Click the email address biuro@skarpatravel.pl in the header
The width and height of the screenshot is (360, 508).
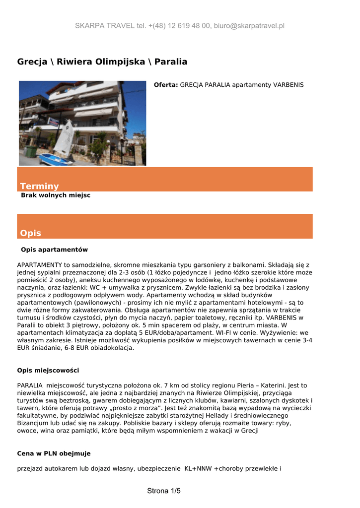coord(249,26)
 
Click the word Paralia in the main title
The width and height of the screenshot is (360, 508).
coord(171,62)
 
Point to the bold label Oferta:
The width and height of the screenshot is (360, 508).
coord(166,85)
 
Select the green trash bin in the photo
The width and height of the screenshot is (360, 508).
coord(31,151)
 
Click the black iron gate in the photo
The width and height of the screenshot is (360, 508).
coord(122,154)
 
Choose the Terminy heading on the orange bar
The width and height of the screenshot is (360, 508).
coord(39,186)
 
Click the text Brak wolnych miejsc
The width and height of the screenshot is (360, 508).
coord(56,195)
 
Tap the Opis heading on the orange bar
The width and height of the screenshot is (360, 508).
coord(30,233)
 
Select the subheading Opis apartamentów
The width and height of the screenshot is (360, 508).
coord(54,249)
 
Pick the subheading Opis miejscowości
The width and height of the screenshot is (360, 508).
coord(48,370)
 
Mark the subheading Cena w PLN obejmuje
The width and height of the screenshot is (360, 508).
coord(54,453)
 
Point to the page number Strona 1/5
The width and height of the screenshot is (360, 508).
coord(164,491)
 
